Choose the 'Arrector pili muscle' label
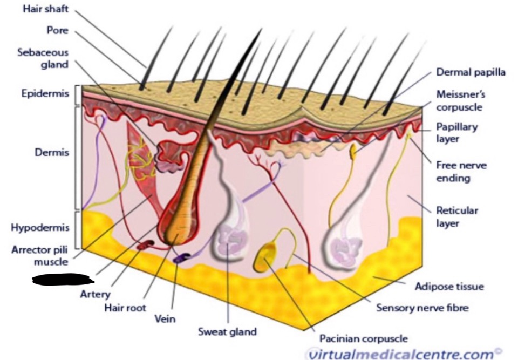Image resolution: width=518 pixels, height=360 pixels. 40,256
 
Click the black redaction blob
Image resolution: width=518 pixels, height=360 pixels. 63,279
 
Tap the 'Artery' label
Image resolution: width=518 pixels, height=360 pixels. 95,295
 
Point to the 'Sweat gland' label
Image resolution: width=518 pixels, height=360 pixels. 227,331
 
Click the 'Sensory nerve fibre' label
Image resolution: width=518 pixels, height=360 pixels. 422,308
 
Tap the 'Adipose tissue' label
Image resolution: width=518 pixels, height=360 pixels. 449,286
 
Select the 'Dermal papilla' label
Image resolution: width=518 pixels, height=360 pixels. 471,72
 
